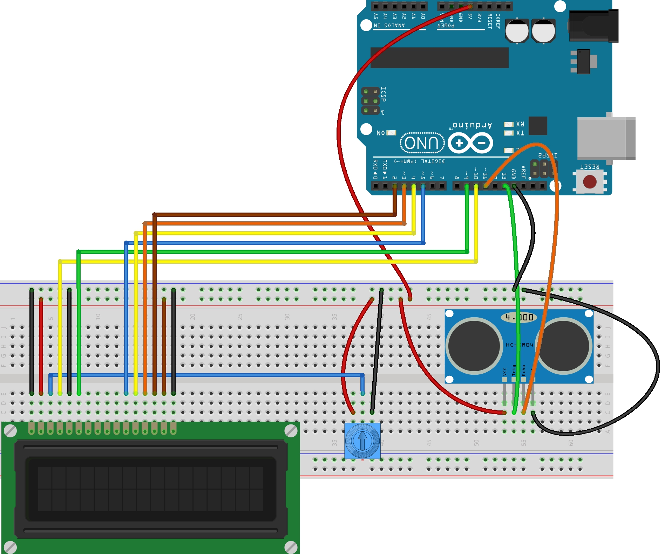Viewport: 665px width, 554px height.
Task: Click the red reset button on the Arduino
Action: [x=590, y=182]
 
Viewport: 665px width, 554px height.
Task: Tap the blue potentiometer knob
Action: [x=362, y=441]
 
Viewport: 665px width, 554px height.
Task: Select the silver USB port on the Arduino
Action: [x=606, y=138]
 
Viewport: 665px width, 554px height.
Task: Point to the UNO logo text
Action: [x=422, y=143]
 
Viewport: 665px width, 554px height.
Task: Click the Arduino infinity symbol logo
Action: [x=470, y=143]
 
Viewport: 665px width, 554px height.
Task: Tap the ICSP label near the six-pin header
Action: [x=383, y=94]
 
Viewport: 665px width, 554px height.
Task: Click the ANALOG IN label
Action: [x=389, y=26]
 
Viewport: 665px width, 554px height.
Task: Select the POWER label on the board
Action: [x=446, y=26]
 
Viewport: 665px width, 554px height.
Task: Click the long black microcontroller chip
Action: [x=439, y=58]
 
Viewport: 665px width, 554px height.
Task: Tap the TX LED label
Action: [x=520, y=133]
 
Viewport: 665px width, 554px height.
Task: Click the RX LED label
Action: [x=520, y=124]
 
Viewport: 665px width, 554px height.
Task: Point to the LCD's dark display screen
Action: [x=150, y=489]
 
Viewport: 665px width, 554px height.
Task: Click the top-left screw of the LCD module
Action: [x=10, y=431]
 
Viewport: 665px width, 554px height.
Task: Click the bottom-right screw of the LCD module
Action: [x=291, y=547]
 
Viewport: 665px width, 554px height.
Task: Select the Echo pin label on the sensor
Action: [x=524, y=370]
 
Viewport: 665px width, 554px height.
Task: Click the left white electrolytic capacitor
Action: [x=517, y=31]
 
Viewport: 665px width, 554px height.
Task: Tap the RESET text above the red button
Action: [x=590, y=167]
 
